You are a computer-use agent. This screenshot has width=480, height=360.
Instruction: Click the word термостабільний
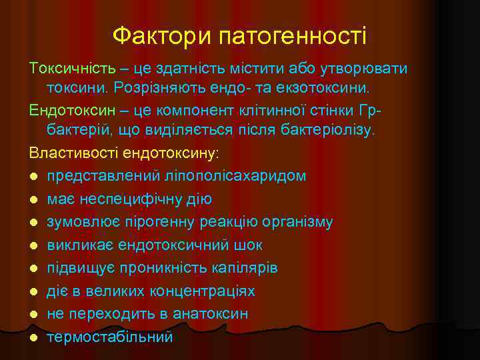tap(110, 337)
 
